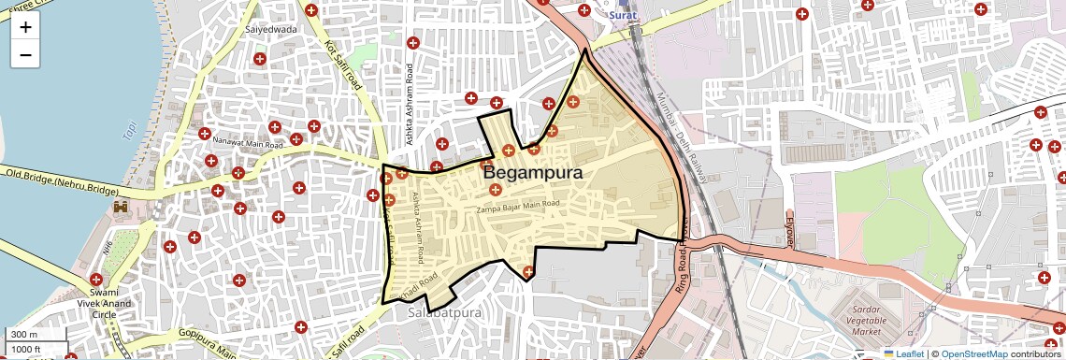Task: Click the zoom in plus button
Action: (25, 26)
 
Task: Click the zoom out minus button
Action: (25, 54)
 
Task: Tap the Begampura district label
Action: (532, 174)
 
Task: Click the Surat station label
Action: (624, 16)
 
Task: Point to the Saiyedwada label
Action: (270, 29)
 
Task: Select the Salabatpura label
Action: (444, 312)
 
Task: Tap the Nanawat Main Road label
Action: (248, 144)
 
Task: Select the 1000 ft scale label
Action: (25, 349)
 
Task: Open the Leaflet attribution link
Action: (903, 353)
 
